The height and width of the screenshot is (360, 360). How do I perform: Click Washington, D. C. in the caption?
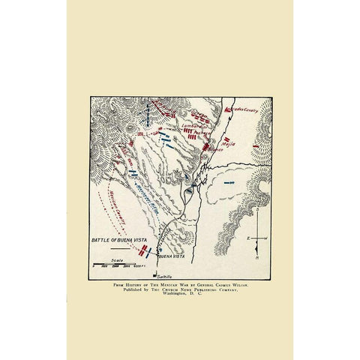click(x=180, y=295)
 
